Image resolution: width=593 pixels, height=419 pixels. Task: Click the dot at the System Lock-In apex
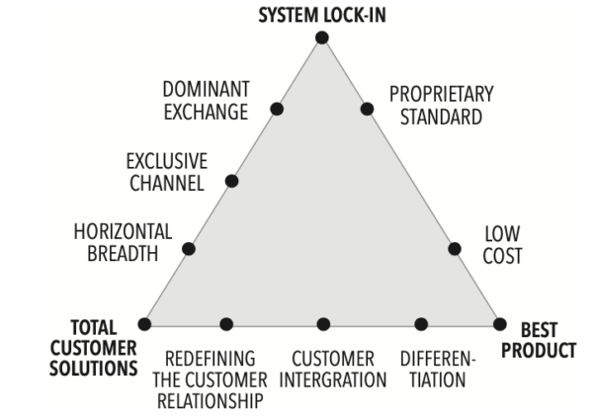[322, 38]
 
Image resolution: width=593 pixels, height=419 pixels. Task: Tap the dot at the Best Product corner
[500, 324]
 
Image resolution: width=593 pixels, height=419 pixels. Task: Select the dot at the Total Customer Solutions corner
[144, 324]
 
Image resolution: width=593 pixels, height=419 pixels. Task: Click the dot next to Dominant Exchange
[277, 109]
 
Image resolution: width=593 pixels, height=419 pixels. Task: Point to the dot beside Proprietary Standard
[367, 109]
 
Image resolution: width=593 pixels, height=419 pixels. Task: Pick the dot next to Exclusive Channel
[232, 181]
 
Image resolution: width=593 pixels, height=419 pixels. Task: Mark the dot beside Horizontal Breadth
[189, 249]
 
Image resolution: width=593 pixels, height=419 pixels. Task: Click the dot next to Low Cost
[456, 249]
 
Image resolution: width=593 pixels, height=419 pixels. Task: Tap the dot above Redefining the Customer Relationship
[226, 324]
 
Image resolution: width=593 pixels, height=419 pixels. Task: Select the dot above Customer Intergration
[322, 324]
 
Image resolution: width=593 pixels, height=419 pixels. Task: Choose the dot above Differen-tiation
[421, 324]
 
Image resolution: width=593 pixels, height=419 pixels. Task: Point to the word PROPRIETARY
[441, 94]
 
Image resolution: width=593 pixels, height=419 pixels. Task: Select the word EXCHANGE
[205, 113]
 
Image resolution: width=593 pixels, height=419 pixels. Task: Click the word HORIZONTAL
[123, 231]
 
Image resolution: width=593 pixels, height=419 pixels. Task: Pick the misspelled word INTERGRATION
[333, 377]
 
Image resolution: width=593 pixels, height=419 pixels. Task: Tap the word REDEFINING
[211, 358]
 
